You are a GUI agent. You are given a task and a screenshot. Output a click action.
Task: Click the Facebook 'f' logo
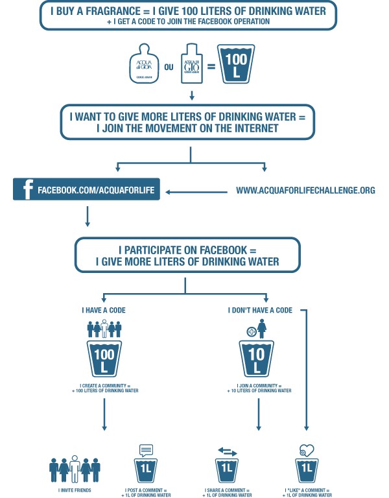(27, 191)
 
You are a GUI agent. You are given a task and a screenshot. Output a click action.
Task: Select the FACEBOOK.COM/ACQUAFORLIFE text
(96, 191)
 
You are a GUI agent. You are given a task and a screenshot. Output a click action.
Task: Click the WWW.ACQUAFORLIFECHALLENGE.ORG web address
(305, 191)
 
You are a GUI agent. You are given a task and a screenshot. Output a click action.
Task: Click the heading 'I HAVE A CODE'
(104, 311)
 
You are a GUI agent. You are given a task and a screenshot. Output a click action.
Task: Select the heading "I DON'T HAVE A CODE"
(260, 311)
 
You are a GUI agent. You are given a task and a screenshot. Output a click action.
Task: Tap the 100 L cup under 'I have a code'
(104, 361)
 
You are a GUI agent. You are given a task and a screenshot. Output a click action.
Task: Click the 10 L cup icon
(258, 360)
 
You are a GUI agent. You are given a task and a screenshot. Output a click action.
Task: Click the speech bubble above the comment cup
(145, 449)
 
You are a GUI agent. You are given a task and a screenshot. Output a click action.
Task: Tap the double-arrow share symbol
(227, 451)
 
